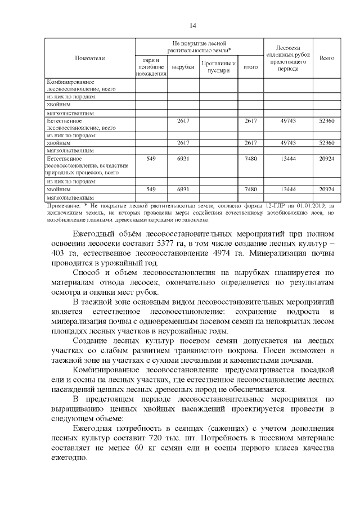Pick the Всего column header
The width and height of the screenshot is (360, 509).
point(326,58)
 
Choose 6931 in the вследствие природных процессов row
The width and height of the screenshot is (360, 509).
point(182,159)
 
